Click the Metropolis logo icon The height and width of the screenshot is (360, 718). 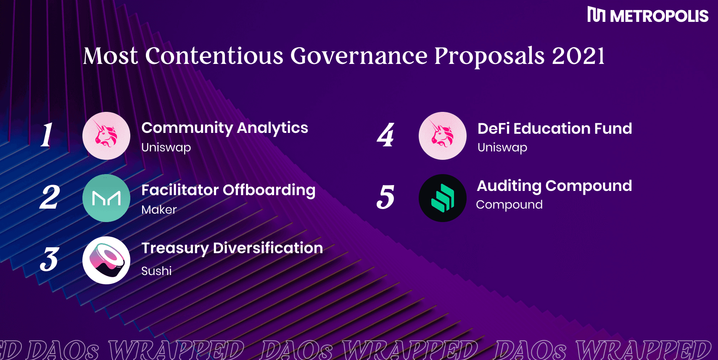click(x=596, y=14)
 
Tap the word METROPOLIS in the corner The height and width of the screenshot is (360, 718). click(x=659, y=16)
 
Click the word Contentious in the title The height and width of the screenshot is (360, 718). click(x=214, y=56)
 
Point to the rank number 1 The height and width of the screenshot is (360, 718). click(x=47, y=135)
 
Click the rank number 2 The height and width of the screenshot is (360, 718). click(x=50, y=197)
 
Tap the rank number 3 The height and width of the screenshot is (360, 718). click(x=49, y=259)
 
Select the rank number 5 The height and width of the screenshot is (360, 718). click(x=385, y=197)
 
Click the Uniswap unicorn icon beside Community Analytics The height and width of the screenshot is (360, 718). click(x=106, y=135)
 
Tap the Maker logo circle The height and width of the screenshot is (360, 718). click(x=106, y=198)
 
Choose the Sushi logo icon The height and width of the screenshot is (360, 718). click(x=106, y=260)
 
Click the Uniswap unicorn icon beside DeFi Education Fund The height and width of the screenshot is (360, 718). click(x=442, y=135)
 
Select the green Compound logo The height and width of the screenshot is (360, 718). click(x=442, y=198)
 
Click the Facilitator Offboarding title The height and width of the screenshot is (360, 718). click(x=228, y=190)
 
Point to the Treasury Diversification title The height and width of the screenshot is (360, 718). click(x=232, y=249)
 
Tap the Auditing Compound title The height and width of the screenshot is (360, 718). click(x=554, y=186)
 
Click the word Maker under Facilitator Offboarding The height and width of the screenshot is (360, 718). click(x=159, y=210)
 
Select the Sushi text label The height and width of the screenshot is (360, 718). click(x=156, y=271)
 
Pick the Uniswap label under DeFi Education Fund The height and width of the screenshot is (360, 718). click(x=502, y=148)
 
